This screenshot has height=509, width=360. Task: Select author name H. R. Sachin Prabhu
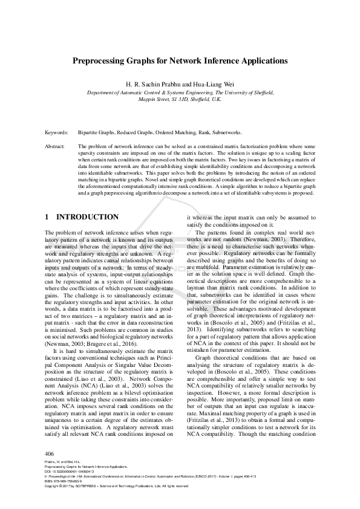152,83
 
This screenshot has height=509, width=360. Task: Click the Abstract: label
55,146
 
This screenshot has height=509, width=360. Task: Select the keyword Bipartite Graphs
97,132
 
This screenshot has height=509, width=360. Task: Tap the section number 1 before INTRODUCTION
48,216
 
